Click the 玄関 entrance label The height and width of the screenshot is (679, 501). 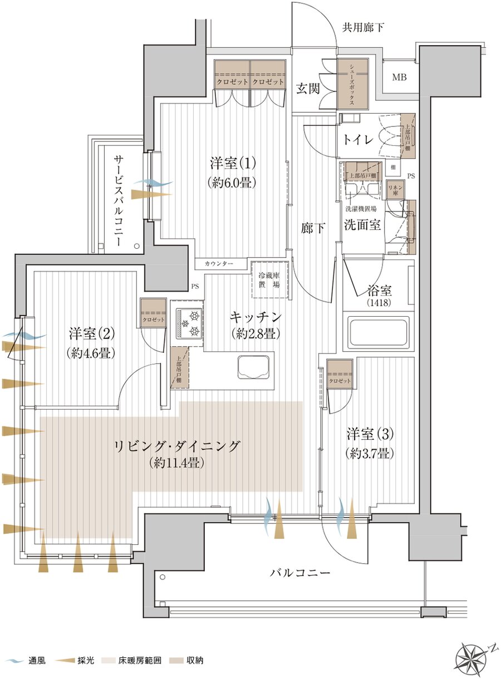[x=307, y=88]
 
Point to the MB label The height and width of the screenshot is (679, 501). [x=399, y=77]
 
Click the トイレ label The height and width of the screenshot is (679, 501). [x=357, y=140]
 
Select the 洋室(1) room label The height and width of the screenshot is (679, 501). [x=233, y=164]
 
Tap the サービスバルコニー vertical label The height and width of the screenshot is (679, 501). [x=119, y=200]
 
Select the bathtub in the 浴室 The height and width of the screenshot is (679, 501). [x=379, y=333]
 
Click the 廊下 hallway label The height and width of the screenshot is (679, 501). [x=312, y=228]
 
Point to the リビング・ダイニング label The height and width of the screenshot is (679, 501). [x=176, y=446]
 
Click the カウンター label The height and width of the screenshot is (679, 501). [x=219, y=263]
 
